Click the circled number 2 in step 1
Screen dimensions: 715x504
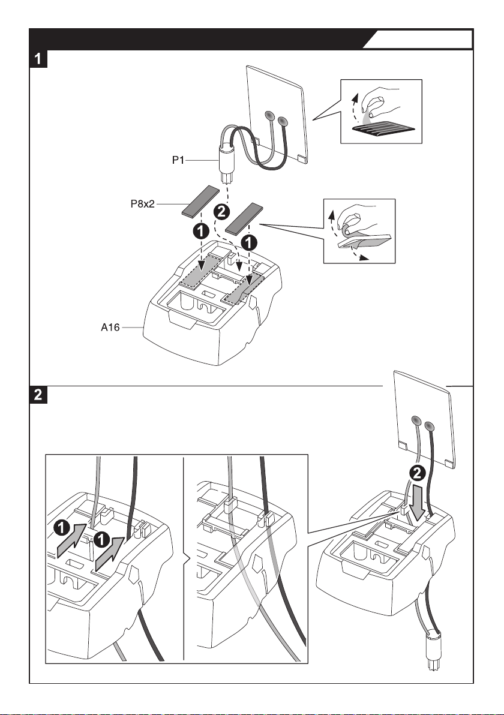pos(220,211)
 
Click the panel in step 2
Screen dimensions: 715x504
pos(422,416)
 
